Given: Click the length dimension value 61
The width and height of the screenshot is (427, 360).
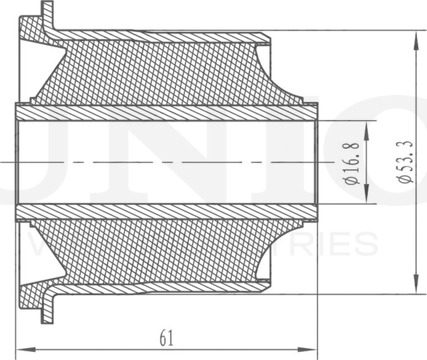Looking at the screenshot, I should click(x=167, y=338).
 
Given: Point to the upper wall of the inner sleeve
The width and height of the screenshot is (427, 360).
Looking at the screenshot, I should click(x=167, y=113).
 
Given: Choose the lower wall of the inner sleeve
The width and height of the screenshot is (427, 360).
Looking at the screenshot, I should click(x=167, y=211).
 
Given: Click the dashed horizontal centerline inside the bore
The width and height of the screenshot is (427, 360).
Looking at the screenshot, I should click(x=167, y=162).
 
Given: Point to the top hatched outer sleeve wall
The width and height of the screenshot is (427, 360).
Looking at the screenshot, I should click(x=167, y=35).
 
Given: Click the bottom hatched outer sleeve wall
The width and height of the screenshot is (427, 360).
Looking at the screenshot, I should click(x=167, y=288).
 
